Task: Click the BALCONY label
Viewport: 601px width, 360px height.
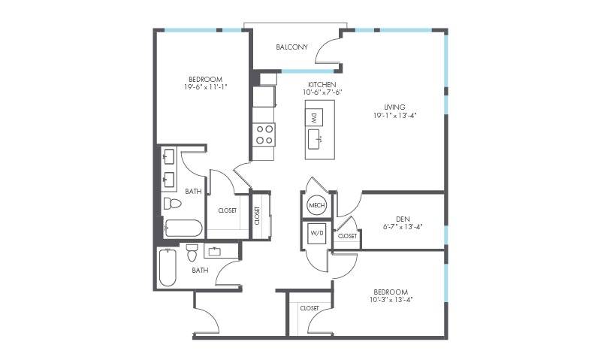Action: [x=291, y=47]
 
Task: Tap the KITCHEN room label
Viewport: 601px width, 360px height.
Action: [x=322, y=84]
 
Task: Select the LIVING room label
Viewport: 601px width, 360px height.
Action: [x=395, y=107]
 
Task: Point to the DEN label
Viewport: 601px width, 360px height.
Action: [x=403, y=219]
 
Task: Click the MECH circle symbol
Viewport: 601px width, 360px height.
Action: [x=316, y=205]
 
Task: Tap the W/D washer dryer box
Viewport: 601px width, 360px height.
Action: [x=316, y=234]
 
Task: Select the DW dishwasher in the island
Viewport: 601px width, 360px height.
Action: [x=314, y=117]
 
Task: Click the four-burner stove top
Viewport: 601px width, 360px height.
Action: [x=264, y=135]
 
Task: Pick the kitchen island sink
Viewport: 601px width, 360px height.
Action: [x=316, y=139]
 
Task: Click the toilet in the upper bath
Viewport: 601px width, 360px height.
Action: [x=173, y=203]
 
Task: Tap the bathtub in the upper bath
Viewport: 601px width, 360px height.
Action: [x=183, y=228]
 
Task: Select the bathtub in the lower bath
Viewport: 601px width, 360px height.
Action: [x=168, y=268]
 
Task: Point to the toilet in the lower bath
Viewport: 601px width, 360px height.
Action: [x=192, y=253]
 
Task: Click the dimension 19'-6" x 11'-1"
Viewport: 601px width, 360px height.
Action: [x=206, y=87]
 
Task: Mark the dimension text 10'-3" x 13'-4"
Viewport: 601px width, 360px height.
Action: [x=391, y=300]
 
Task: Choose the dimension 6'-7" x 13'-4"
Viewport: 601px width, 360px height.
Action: [x=403, y=226]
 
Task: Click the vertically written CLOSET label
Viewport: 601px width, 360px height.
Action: [x=257, y=216]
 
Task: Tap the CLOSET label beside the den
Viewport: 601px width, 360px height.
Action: [x=347, y=236]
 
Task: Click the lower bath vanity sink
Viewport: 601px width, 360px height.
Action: [x=214, y=253]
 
